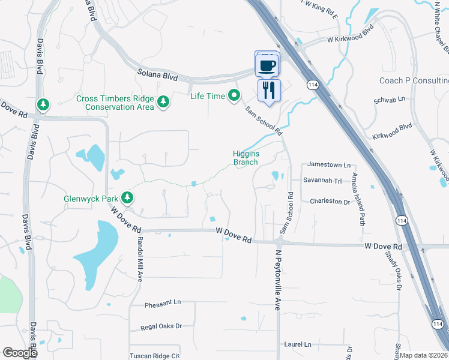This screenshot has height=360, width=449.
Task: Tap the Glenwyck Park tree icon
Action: click(127, 197)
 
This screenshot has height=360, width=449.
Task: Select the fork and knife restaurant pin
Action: click(268, 91)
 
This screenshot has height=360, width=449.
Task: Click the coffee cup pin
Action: click(268, 64)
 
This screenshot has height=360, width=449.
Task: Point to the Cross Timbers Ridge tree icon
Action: click(162, 103)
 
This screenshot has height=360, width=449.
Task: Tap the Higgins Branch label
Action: click(246, 157)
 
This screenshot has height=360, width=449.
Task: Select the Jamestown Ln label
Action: click(328, 164)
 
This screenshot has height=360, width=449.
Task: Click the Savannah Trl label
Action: click(322, 180)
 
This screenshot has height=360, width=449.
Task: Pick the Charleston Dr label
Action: click(330, 202)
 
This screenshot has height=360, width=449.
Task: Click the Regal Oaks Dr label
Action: click(161, 327)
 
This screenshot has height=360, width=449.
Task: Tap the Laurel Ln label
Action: click(298, 344)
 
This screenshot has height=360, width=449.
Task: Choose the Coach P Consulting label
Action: click(414, 80)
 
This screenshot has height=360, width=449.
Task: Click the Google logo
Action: click(20, 352)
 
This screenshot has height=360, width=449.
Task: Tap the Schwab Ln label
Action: click(390, 98)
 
